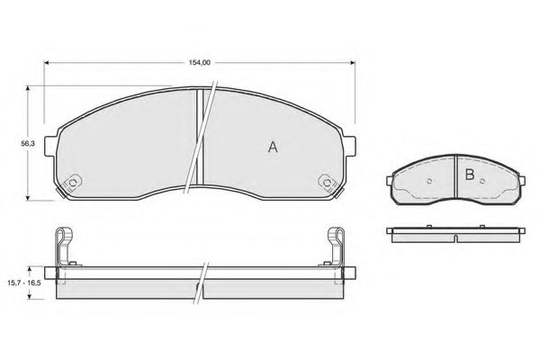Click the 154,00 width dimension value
(x=200, y=63)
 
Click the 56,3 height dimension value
(x=28, y=144)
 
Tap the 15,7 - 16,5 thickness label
(x=24, y=283)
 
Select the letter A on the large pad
(x=273, y=147)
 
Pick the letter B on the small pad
(x=470, y=175)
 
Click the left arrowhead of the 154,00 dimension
(x=47, y=63)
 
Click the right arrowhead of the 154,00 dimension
(x=352, y=63)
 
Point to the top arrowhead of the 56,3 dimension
(x=28, y=88)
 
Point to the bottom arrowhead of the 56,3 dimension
(x=28, y=197)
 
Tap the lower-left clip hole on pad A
(x=73, y=183)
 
